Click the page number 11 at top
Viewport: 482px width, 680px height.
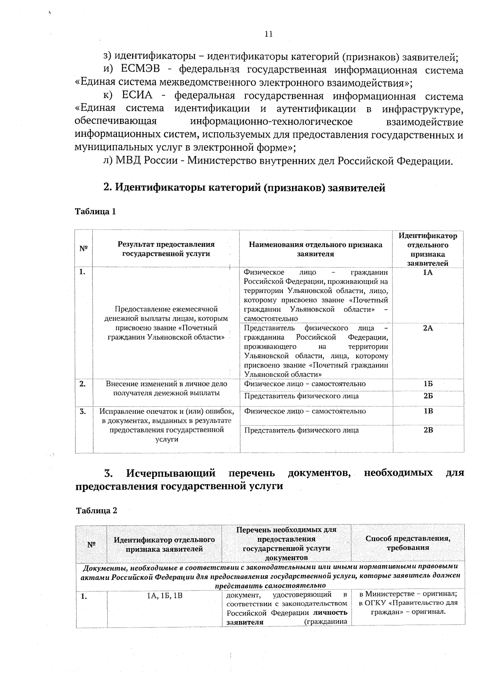pyautogui.click(x=269, y=35)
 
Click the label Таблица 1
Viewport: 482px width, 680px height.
pyautogui.click(x=96, y=211)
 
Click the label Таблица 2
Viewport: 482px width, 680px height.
pyautogui.click(x=96, y=511)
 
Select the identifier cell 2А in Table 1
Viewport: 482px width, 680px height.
pyautogui.click(x=428, y=328)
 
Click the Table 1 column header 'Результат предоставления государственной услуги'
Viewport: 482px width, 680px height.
pyautogui.click(x=166, y=249)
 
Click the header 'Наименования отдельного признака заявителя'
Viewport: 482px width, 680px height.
pyautogui.click(x=315, y=249)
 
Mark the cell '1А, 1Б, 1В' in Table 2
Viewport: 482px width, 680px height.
pyautogui.click(x=164, y=596)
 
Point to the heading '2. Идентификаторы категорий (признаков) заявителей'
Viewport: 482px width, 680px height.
pyautogui.click(x=244, y=188)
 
